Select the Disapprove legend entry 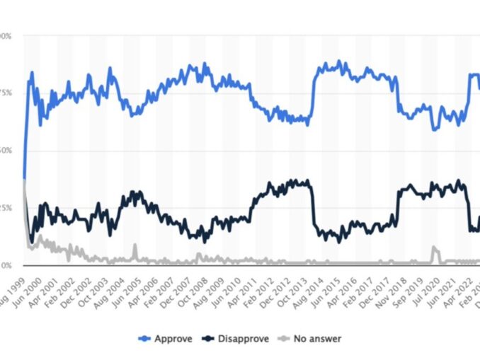point(240,339)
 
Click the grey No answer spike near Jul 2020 point(434,248)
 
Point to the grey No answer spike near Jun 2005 point(135,246)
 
